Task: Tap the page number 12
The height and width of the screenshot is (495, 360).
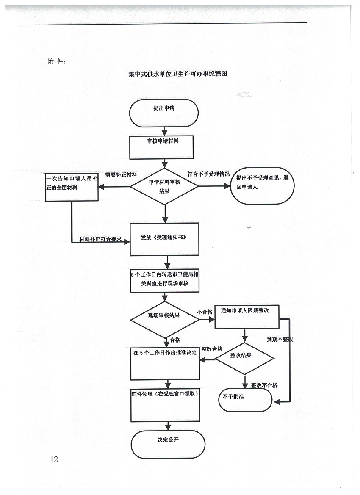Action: (53, 459)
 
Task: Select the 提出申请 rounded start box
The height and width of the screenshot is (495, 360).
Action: (164, 113)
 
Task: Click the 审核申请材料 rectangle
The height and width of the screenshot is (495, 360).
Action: (164, 147)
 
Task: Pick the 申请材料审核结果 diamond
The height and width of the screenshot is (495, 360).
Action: (164, 186)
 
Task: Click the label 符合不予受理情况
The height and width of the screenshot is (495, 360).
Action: (208, 174)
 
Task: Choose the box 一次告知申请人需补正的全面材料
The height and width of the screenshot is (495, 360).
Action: (72, 187)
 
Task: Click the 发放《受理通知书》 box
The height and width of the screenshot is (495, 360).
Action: (164, 239)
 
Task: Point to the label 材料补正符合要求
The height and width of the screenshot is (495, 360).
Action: (101, 239)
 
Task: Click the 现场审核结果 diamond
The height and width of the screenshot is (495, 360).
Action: (164, 319)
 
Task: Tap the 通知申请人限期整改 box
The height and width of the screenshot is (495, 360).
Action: (246, 317)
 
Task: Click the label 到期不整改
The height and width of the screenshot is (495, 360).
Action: (280, 340)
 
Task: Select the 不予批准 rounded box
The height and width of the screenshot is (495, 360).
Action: (245, 399)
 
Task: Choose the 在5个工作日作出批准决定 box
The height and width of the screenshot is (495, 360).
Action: (165, 363)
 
